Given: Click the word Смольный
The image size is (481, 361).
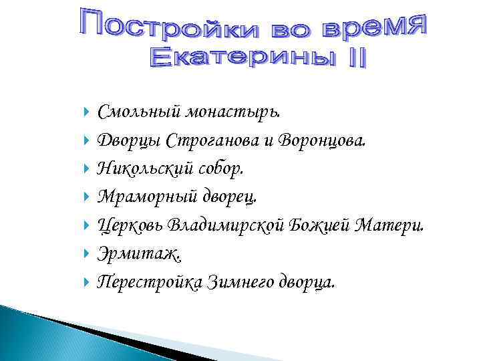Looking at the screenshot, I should [138, 111].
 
